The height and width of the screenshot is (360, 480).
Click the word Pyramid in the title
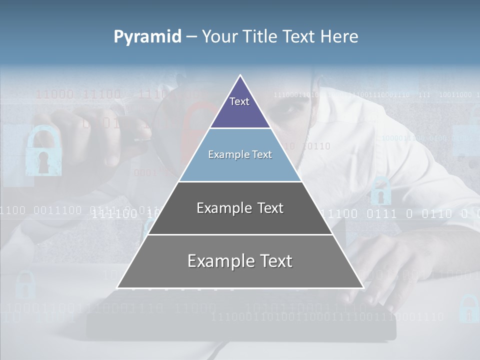(x=147, y=37)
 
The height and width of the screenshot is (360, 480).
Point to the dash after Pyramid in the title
(x=191, y=37)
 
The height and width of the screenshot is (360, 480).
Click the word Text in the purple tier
(x=239, y=101)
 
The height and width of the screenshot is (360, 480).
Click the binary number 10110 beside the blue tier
(x=316, y=146)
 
